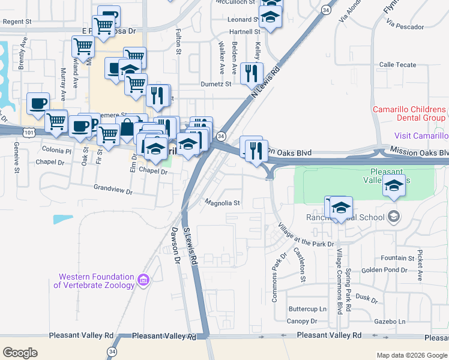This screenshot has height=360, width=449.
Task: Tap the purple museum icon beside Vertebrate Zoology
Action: tap(143, 280)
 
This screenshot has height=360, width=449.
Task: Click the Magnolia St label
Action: tap(223, 203)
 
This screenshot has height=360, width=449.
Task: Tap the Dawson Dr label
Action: tap(176, 246)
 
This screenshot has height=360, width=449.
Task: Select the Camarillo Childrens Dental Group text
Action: tap(409, 113)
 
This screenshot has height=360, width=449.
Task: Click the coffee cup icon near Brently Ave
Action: tap(38, 103)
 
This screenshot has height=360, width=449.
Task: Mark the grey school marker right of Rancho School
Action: tap(394, 216)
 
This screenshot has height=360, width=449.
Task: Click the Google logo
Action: tap(20, 353)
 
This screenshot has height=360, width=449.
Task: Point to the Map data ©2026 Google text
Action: tap(411, 355)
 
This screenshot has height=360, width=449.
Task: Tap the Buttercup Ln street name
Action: tap(307, 309)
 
